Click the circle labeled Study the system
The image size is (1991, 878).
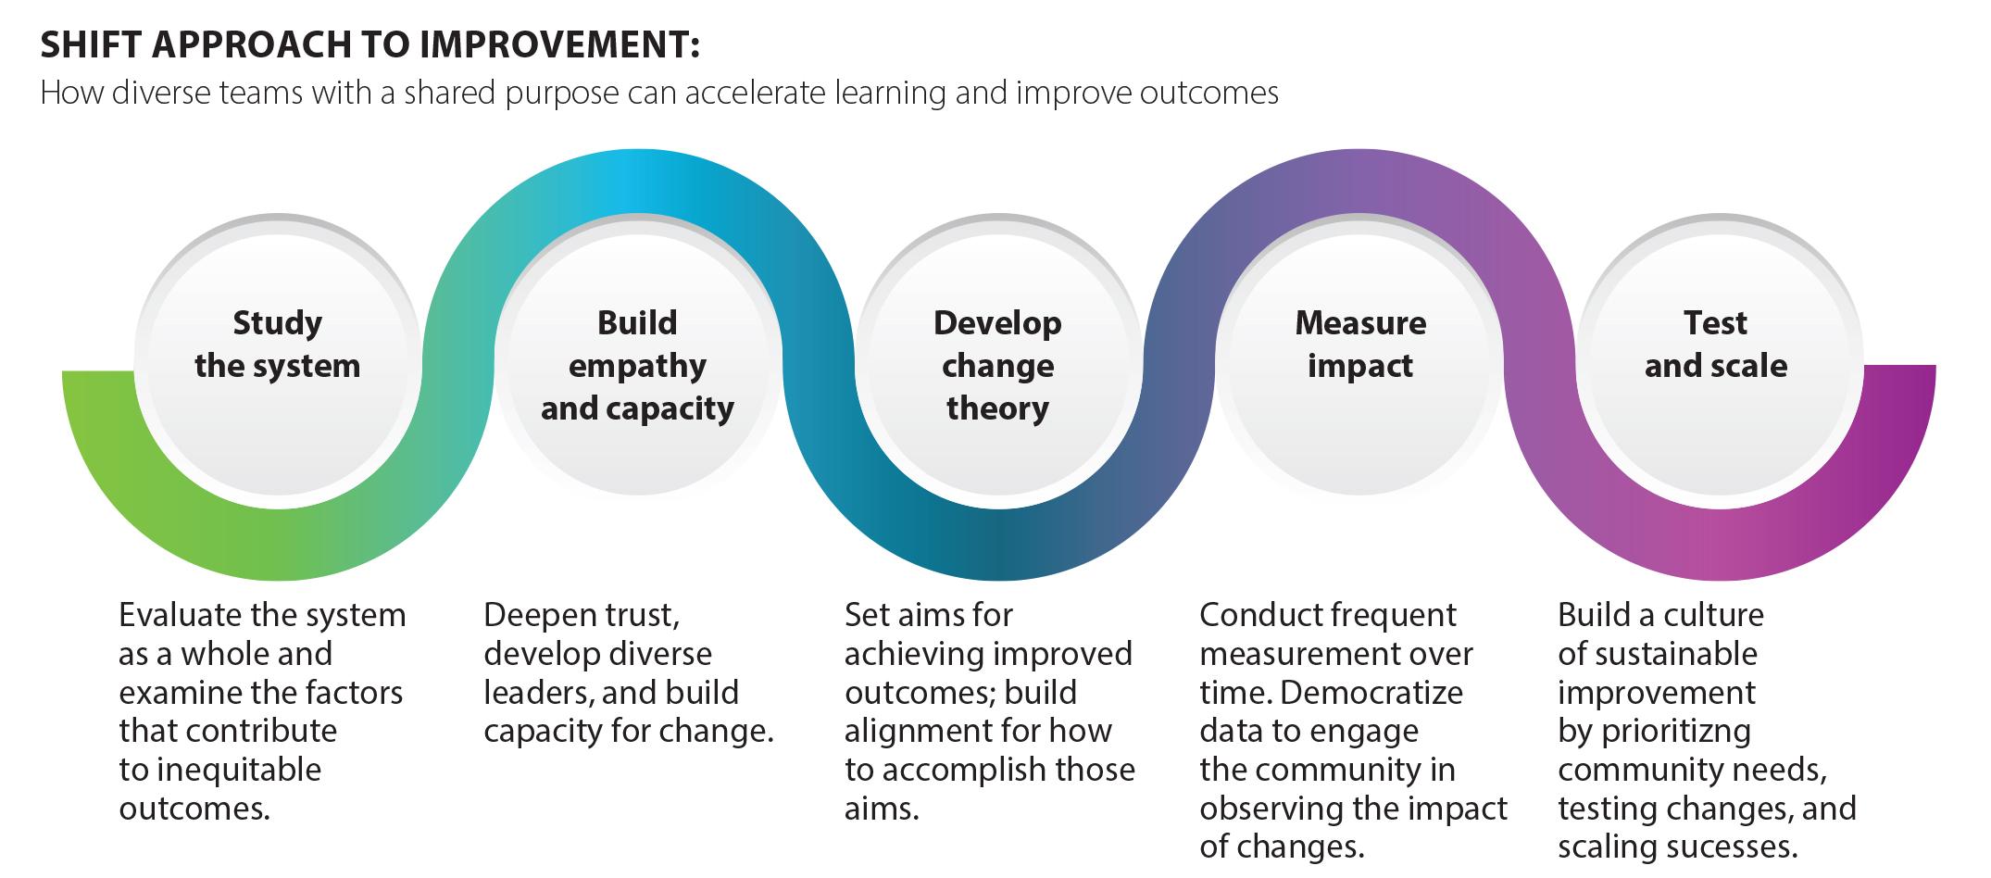[277, 357]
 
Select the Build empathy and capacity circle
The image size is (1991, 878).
[637, 357]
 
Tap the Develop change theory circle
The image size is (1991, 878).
[997, 357]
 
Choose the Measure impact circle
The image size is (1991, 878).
[1359, 357]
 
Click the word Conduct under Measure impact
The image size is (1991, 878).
[1259, 615]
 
